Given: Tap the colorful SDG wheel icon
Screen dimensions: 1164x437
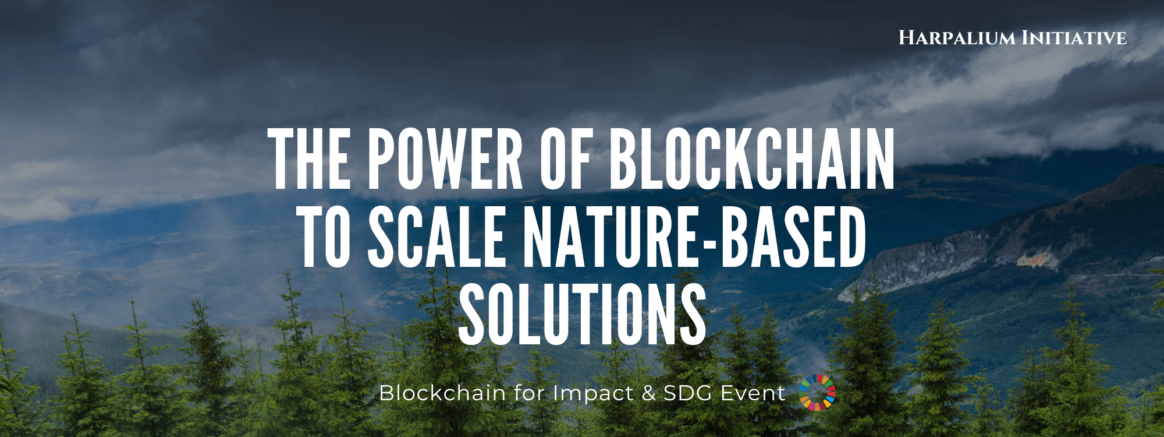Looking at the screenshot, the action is [817, 392].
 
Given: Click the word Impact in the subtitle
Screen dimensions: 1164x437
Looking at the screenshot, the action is [593, 393].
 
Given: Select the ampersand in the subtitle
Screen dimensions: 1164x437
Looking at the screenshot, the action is [648, 393].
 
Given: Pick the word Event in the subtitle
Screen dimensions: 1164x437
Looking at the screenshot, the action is [753, 393].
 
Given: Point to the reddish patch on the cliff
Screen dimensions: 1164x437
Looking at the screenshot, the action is [1031, 260].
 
